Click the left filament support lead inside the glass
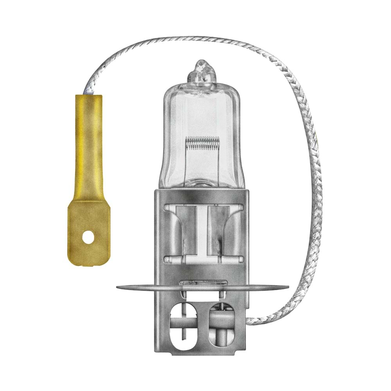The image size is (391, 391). coord(187,164)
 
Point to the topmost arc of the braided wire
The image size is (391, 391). coord(188,39)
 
